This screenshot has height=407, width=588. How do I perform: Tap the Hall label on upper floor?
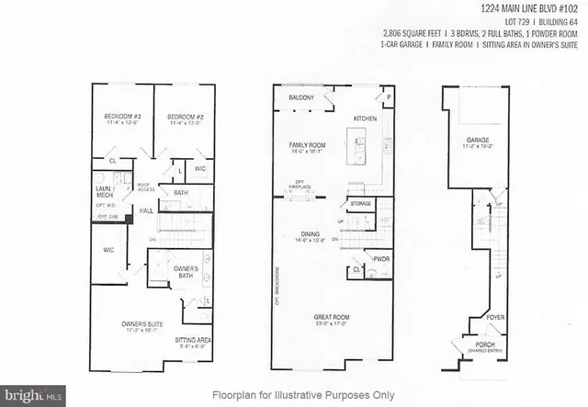pyautogui.click(x=146, y=210)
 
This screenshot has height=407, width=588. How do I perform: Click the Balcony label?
pyautogui.click(x=302, y=97)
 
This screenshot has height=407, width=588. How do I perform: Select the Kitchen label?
pyautogui.click(x=367, y=119)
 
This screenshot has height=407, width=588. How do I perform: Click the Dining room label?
pyautogui.click(x=310, y=234)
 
